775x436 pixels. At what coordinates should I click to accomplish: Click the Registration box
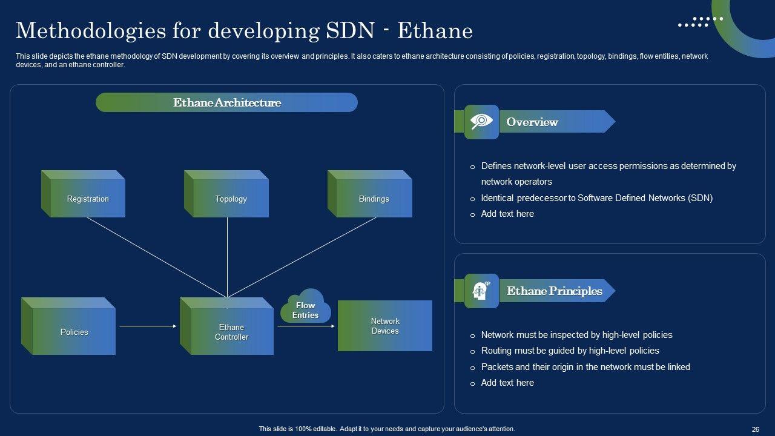click(x=83, y=194)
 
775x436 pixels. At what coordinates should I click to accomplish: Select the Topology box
click(x=226, y=194)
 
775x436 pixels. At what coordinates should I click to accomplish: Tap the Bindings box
click(x=370, y=194)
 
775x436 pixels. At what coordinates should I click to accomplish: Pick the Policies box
click(x=68, y=326)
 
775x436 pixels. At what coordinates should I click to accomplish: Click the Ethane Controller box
click(x=226, y=326)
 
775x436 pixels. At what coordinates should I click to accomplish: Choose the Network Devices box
click(x=385, y=326)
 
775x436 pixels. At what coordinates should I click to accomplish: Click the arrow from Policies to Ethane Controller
click(x=148, y=326)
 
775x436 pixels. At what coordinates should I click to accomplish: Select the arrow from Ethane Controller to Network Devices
click(x=306, y=326)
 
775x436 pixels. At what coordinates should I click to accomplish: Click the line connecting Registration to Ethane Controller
click(x=157, y=257)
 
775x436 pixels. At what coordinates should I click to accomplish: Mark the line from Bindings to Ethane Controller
click(x=302, y=257)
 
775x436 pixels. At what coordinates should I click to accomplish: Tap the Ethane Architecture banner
click(x=226, y=102)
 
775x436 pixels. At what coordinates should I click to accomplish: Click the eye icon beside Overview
click(x=481, y=122)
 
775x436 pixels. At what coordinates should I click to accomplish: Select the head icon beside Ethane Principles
click(x=481, y=291)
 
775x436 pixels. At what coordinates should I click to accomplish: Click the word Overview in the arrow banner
click(x=532, y=122)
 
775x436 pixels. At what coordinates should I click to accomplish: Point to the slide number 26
click(x=755, y=429)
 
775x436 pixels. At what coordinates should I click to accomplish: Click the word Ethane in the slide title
click(x=435, y=31)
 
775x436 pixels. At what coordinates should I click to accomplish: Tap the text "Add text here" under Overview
click(x=507, y=214)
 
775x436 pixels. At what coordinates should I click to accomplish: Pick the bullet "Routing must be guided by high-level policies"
click(x=570, y=351)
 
